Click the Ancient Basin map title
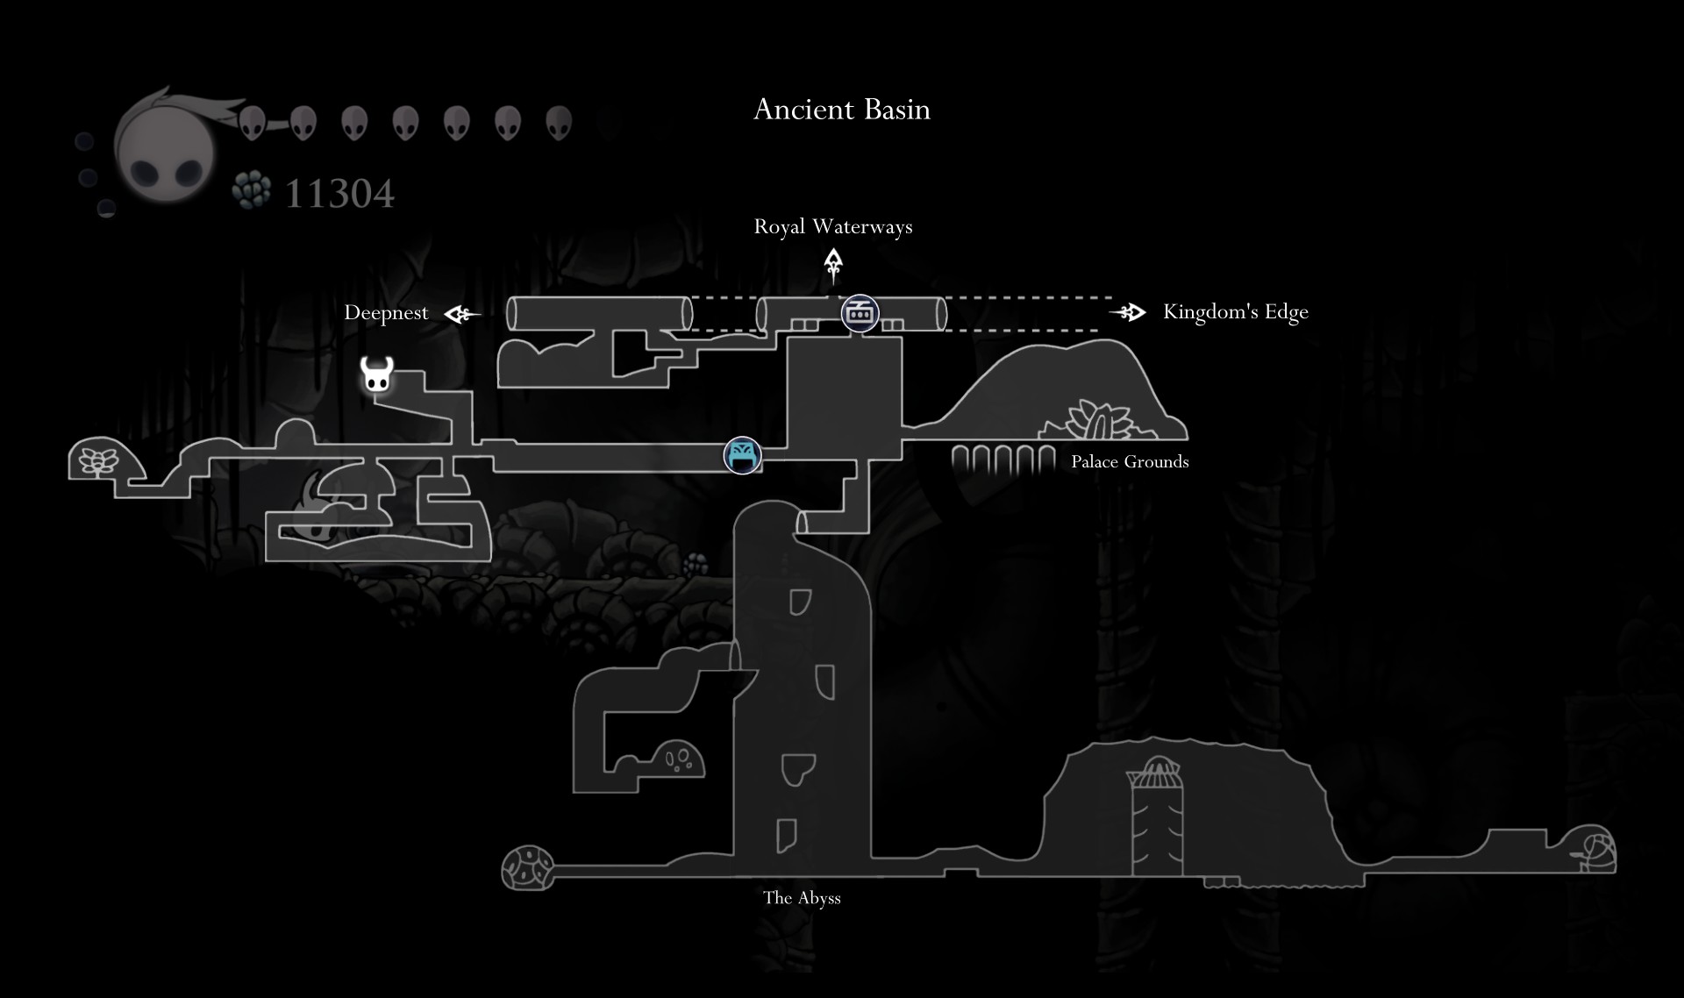pyautogui.click(x=841, y=110)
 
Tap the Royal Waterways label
pyautogui.click(x=832, y=226)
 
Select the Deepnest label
pyautogui.click(x=386, y=312)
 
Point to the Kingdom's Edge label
pyautogui.click(x=1235, y=311)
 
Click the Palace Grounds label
pyautogui.click(x=1130, y=462)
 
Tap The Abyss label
pyautogui.click(x=802, y=897)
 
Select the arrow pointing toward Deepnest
pyautogui.click(x=462, y=313)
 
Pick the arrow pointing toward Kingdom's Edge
pyautogui.click(x=1128, y=312)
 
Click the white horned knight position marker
pyautogui.click(x=376, y=374)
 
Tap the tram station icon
pyautogui.click(x=860, y=313)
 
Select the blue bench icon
pyautogui.click(x=742, y=456)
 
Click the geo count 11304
pyautogui.click(x=339, y=194)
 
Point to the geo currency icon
pyautogui.click(x=253, y=190)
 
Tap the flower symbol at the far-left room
pyautogui.click(x=97, y=460)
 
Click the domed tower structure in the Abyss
pyautogui.click(x=1156, y=820)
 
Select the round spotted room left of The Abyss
pyautogui.click(x=527, y=867)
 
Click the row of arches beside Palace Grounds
pyautogui.click(x=1003, y=460)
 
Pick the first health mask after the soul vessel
pyautogui.click(x=252, y=124)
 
